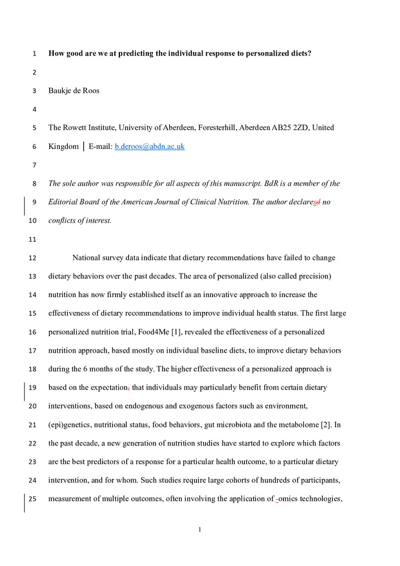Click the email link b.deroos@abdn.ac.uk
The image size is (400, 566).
click(149, 147)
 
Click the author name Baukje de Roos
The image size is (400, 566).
click(74, 91)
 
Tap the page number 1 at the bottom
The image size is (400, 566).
click(200, 530)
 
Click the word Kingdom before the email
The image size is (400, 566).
click(64, 147)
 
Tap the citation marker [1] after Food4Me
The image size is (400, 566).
click(193, 332)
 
